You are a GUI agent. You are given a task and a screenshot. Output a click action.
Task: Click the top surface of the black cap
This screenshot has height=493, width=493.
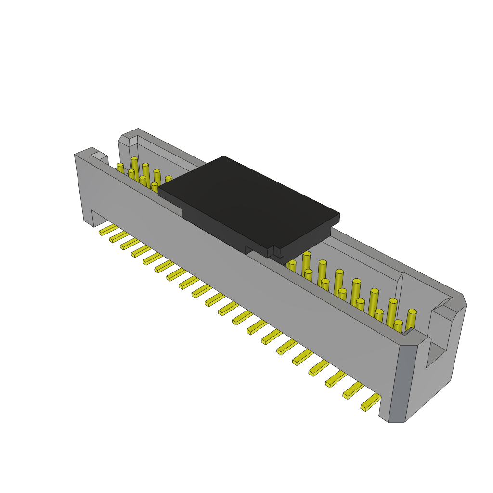coord(248,200)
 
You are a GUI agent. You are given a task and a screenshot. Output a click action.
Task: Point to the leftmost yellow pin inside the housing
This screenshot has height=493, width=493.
coord(120,168)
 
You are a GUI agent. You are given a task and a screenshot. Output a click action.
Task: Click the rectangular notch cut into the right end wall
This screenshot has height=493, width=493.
coord(436,354)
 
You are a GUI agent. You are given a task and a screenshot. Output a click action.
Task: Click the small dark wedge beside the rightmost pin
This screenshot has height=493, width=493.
coord(408,331)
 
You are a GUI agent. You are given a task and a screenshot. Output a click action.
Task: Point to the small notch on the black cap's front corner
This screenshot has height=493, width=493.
coord(271,252)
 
